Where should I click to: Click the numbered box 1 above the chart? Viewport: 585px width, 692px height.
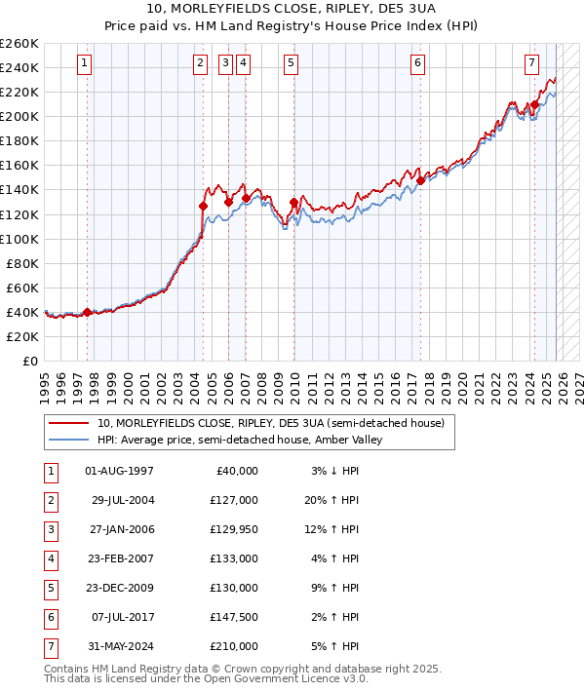click(x=85, y=64)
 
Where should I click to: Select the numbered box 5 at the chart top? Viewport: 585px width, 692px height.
click(x=292, y=64)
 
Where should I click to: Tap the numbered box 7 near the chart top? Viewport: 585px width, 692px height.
click(x=531, y=64)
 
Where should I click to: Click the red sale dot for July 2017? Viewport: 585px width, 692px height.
click(x=420, y=180)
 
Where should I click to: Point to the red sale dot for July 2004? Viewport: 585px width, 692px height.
click(x=203, y=206)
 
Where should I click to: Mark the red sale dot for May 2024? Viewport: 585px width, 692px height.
click(x=535, y=104)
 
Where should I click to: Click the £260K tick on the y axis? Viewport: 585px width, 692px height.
click(x=19, y=44)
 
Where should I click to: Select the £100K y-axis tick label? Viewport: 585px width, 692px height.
click(x=19, y=239)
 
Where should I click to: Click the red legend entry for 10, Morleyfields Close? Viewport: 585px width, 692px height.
click(x=270, y=423)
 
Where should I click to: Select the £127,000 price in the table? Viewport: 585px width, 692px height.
click(x=235, y=500)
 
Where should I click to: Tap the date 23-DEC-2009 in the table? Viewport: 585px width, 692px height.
click(x=119, y=588)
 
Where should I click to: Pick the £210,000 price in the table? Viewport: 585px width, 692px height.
click(x=235, y=646)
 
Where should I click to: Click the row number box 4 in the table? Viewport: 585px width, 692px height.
click(x=49, y=558)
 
